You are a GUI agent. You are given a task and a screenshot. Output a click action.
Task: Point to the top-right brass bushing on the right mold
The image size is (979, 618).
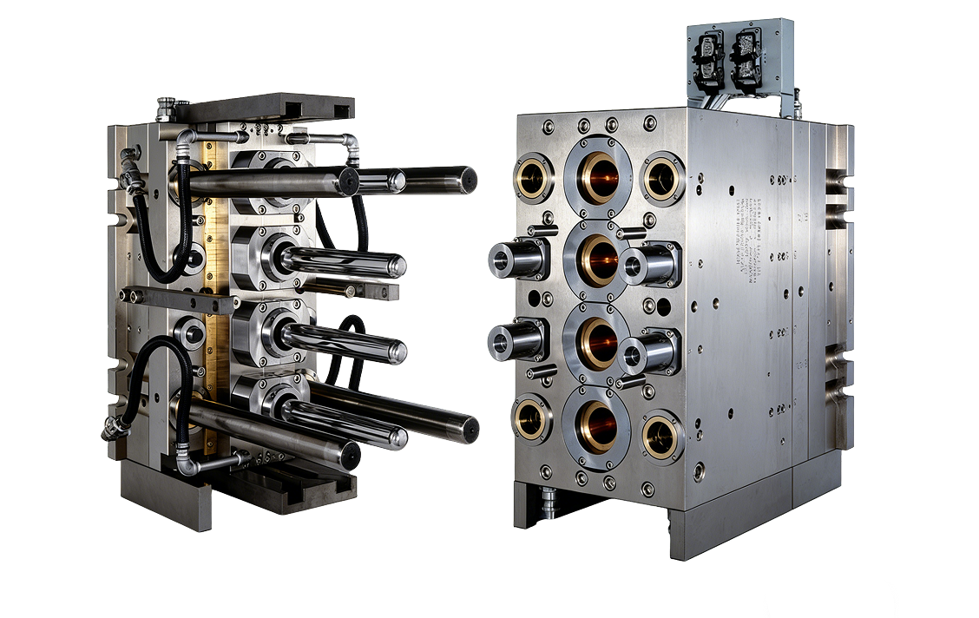(x=662, y=177)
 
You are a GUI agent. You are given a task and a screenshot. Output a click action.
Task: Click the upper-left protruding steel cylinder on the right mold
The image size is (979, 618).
(x=514, y=260)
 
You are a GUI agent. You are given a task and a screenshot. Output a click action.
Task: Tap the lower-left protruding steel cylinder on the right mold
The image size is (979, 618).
(x=514, y=340)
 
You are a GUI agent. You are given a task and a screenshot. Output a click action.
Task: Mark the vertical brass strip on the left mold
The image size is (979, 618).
(x=214, y=295)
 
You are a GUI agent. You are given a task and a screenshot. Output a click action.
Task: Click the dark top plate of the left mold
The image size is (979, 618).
(x=260, y=109)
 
